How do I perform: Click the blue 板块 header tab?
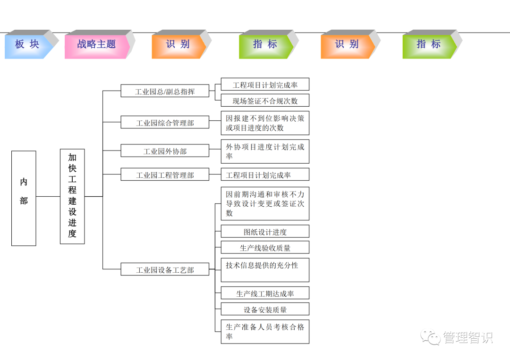coord(27,44)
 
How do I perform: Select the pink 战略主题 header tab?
coord(96,44)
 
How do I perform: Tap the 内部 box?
coord(24,198)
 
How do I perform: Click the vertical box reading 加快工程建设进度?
coord(72,196)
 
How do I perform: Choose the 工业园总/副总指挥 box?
coord(165,91)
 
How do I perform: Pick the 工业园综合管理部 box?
coord(165,123)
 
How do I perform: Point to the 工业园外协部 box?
coord(165,151)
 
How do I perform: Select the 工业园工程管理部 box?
coord(165,175)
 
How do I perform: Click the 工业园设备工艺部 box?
coord(165,270)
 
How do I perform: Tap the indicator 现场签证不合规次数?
coord(265,100)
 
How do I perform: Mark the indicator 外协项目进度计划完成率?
coord(265,151)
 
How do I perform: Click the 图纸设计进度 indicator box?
coord(265,232)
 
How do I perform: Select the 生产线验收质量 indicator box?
coord(265,248)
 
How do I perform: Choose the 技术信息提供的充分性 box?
coord(265,270)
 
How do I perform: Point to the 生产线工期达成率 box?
coord(265,293)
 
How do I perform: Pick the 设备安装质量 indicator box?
coord(265,310)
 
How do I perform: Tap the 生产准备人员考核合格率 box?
coord(265,331)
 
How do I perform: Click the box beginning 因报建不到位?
coord(265,123)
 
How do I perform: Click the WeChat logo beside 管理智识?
coord(430,337)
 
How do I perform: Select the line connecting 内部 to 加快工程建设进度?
coord(48,196)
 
